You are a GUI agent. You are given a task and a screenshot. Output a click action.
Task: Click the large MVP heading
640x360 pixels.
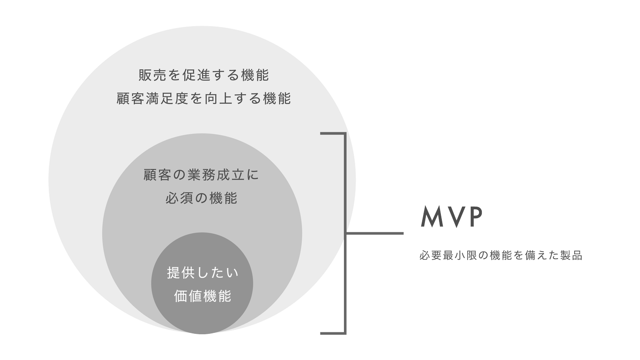coord(451,217)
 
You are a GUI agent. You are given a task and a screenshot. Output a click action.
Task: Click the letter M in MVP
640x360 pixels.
coord(431,217)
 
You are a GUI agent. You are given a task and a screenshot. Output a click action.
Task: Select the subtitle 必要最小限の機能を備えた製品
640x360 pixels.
coord(500,256)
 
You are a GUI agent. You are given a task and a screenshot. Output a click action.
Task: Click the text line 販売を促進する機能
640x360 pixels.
coord(204,75)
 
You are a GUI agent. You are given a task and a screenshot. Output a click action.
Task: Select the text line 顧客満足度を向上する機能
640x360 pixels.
coord(204,98)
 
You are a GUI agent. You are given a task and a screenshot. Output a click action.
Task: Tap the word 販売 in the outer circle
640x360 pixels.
coord(146,75)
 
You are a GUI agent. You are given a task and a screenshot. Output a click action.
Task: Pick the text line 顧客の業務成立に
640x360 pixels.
coord(201,175)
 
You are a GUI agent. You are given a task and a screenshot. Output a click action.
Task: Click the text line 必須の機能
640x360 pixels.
coord(201,198)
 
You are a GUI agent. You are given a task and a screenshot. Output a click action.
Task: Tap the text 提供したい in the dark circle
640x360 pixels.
coord(203,272)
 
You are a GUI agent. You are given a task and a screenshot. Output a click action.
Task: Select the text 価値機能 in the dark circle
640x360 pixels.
coord(203,296)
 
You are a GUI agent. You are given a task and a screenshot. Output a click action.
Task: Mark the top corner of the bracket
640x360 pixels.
coord(345,133)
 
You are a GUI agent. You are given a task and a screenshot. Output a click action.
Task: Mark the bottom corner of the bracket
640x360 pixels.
coord(345,333)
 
